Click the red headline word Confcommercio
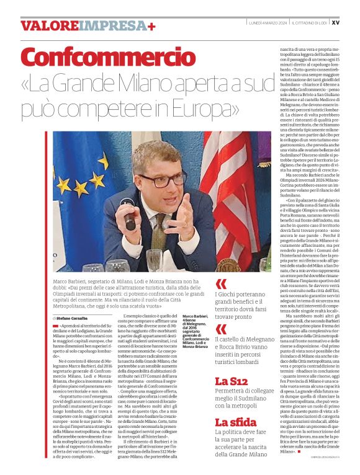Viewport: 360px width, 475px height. (x=99, y=59)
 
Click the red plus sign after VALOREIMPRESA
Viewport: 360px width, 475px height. (x=151, y=25)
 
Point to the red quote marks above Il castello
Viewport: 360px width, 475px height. (x=220, y=329)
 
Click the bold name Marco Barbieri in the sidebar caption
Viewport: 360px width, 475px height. (x=196, y=316)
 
